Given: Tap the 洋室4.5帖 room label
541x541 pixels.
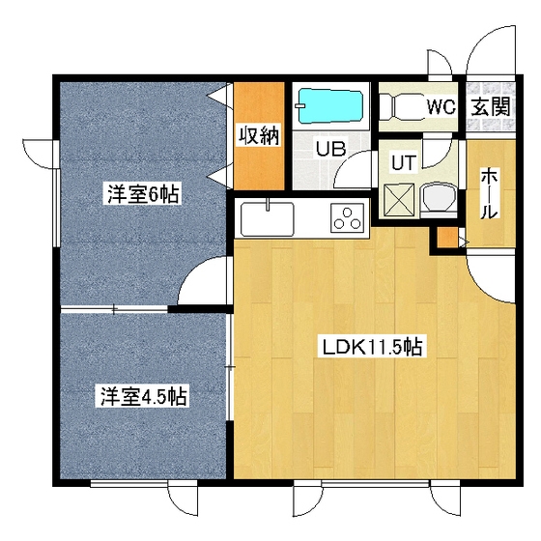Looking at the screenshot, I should (142, 395).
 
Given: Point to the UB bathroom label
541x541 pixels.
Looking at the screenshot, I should (333, 150).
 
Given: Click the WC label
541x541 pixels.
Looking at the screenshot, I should (441, 105).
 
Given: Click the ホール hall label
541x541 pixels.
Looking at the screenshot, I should (489, 193).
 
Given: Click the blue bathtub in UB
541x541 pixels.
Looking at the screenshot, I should (328, 104).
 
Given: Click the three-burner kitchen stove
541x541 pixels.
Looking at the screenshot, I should (347, 218).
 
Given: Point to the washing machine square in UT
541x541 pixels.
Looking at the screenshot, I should (399, 199).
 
